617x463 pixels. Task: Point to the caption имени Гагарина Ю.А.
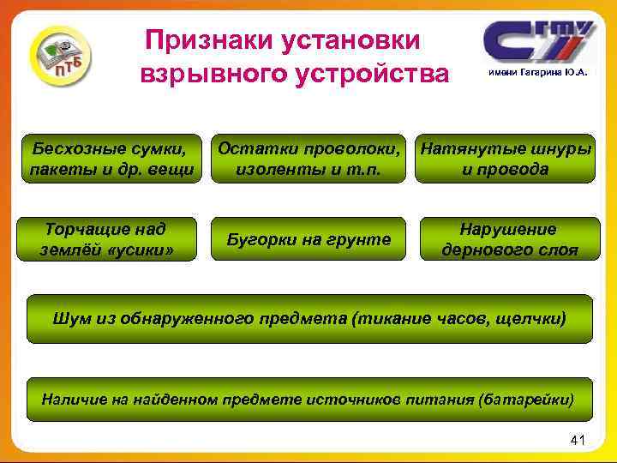point(538,74)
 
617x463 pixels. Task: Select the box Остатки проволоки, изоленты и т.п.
point(309,158)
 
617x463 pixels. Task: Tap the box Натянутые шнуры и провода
point(505,158)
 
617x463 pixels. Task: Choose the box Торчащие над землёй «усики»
point(106,240)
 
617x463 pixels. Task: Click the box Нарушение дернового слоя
point(508,240)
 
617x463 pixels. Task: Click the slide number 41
point(577,441)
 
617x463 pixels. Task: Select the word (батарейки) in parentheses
point(525,400)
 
